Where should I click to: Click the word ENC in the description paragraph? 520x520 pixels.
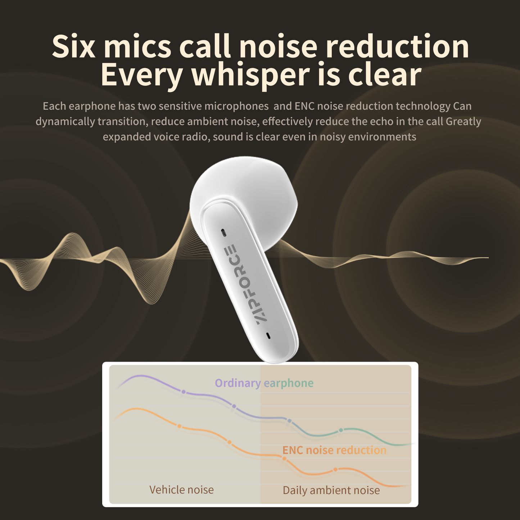pyautogui.click(x=304, y=106)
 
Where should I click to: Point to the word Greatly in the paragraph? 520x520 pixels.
pyautogui.click(x=463, y=122)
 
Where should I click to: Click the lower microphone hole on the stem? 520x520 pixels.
pyautogui.click(x=268, y=336)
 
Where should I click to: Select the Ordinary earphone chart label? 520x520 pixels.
pyautogui.click(x=264, y=383)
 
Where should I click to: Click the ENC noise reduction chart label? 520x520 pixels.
pyautogui.click(x=334, y=450)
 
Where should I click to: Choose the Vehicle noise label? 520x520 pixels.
pyautogui.click(x=181, y=490)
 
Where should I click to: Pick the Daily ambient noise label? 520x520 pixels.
pyautogui.click(x=331, y=490)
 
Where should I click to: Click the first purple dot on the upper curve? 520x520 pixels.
pyautogui.click(x=184, y=392)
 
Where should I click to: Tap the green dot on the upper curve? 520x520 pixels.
pyautogui.click(x=341, y=430)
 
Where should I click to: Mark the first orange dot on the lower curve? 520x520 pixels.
pyautogui.click(x=179, y=426)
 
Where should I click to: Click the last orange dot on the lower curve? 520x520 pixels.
pyautogui.click(x=335, y=469)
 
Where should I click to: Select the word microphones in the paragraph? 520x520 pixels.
pyautogui.click(x=236, y=106)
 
